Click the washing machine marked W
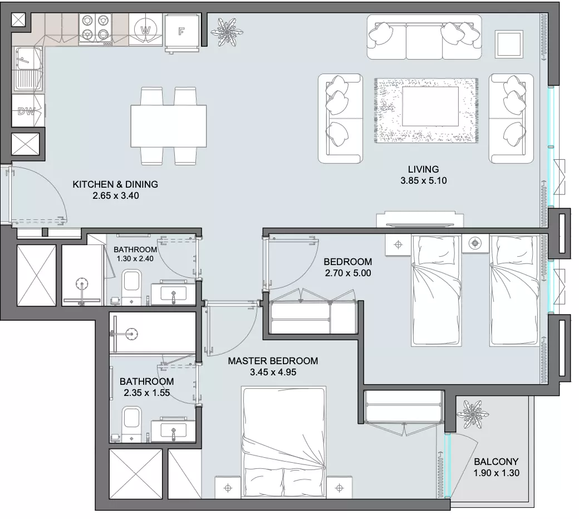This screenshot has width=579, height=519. click(146, 30)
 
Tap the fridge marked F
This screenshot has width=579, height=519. click(181, 32)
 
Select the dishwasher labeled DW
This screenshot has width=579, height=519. click(28, 111)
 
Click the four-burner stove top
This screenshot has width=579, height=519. click(96, 30)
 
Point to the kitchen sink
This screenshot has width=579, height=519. click(28, 68)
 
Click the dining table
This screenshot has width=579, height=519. click(168, 126)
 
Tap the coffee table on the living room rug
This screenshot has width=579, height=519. click(430, 106)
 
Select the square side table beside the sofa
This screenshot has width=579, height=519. click(509, 45)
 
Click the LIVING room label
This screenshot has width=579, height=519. click(424, 169)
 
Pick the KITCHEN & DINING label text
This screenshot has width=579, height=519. click(115, 184)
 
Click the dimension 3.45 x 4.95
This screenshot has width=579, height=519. click(273, 372)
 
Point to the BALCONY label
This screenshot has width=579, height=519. click(496, 462)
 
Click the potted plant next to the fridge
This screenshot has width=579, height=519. click(227, 32)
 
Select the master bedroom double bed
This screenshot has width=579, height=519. click(283, 442)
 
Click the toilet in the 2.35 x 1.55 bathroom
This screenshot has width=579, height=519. click(132, 423)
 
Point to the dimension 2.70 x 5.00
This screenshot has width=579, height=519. click(348, 273)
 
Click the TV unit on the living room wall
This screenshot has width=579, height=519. click(420, 220)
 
